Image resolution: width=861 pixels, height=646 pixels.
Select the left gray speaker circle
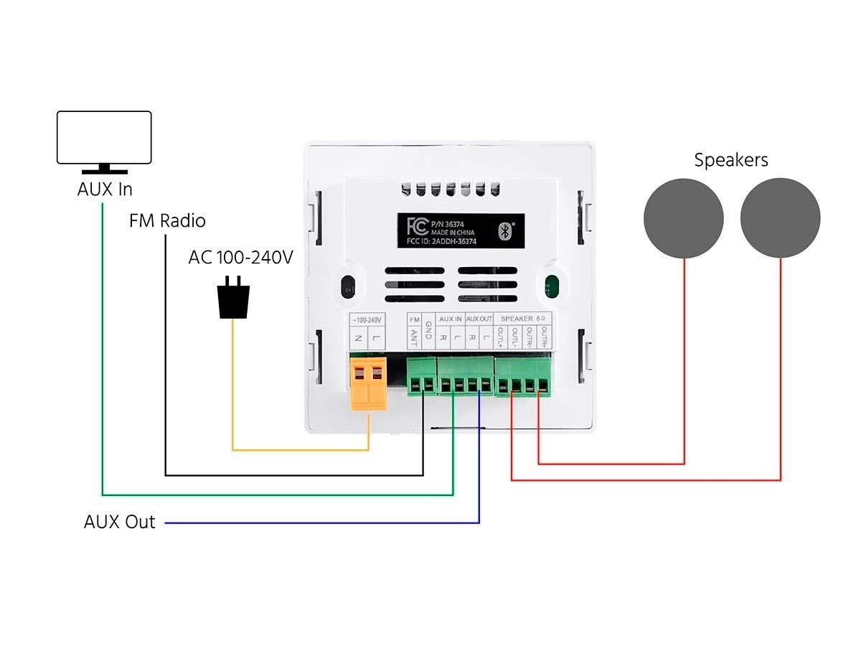pos(683,218)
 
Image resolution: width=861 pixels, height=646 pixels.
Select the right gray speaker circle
pos(780,218)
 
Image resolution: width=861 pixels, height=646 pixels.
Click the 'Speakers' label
pos(730,160)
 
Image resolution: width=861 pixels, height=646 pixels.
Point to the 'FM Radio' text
pos(167,220)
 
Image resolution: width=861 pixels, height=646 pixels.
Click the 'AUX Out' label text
pos(119,522)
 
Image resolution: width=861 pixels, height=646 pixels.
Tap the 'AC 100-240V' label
pos(240,257)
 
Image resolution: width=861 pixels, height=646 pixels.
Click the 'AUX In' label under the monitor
pos(105,190)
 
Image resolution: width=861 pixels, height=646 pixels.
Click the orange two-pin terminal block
pos(368,383)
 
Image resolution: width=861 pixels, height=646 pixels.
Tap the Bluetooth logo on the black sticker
pos(504,230)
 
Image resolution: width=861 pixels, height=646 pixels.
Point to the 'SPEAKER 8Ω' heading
pos(527,318)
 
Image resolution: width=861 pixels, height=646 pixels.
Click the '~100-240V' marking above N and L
pos(367,318)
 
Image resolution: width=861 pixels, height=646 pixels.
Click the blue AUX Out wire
pos(323,523)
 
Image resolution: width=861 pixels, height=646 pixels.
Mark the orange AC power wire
pos(301,450)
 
